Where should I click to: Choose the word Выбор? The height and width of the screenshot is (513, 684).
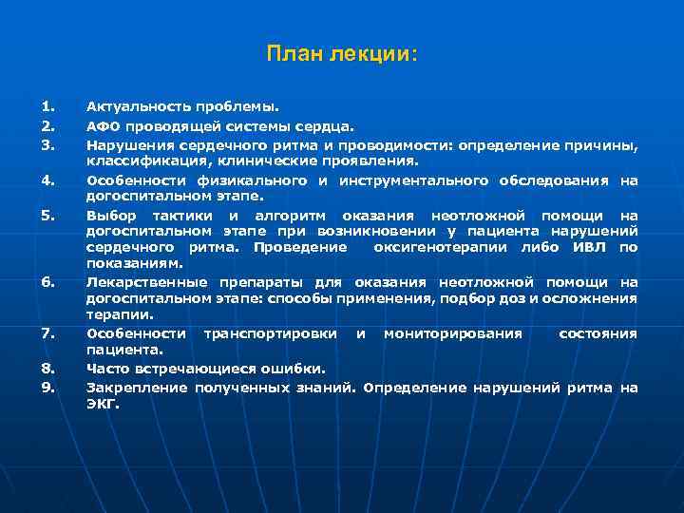click(109, 215)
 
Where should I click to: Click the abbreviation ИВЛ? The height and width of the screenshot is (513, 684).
click(586, 248)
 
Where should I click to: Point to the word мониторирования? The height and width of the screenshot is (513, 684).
click(453, 333)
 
